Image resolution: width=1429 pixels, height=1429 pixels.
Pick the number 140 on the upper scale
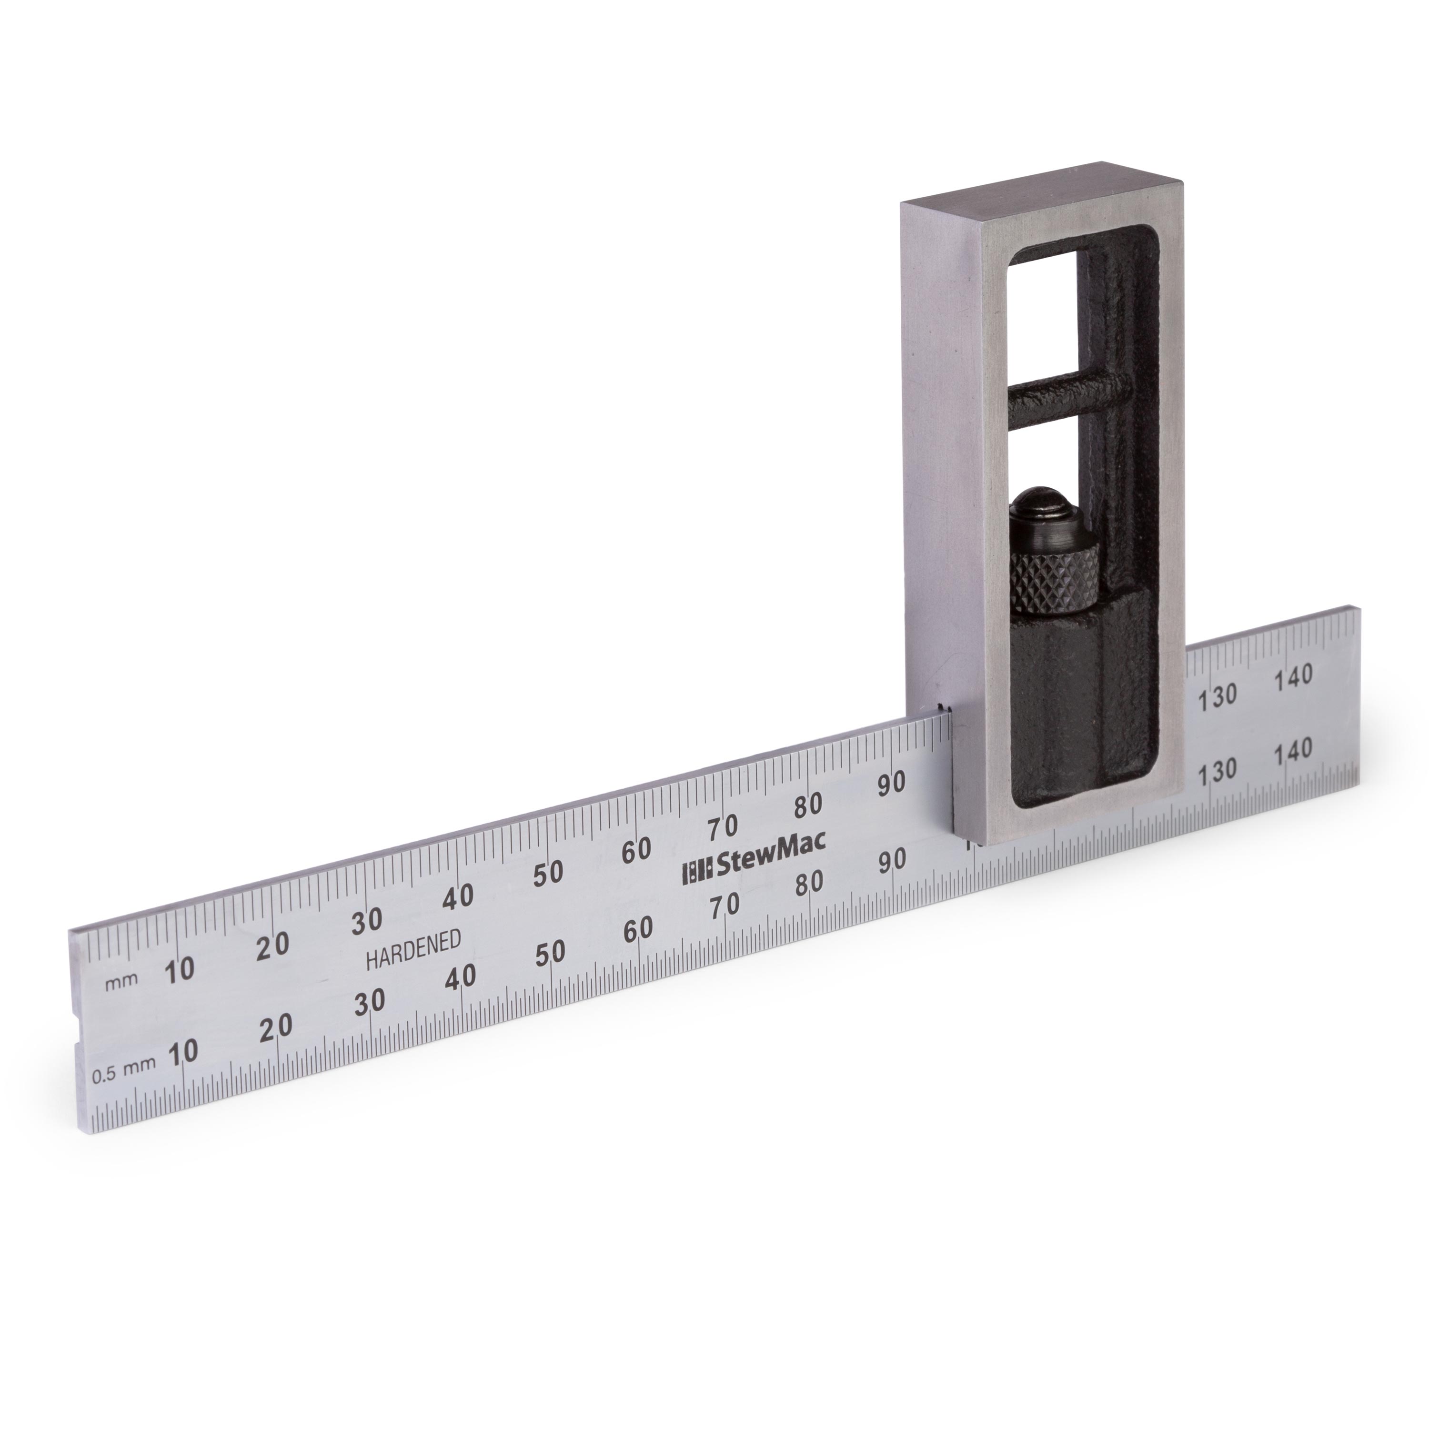pyautogui.click(x=1294, y=676)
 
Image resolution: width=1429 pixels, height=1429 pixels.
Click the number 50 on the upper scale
pyautogui.click(x=548, y=873)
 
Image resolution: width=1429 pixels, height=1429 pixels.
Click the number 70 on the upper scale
pyautogui.click(x=723, y=827)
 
